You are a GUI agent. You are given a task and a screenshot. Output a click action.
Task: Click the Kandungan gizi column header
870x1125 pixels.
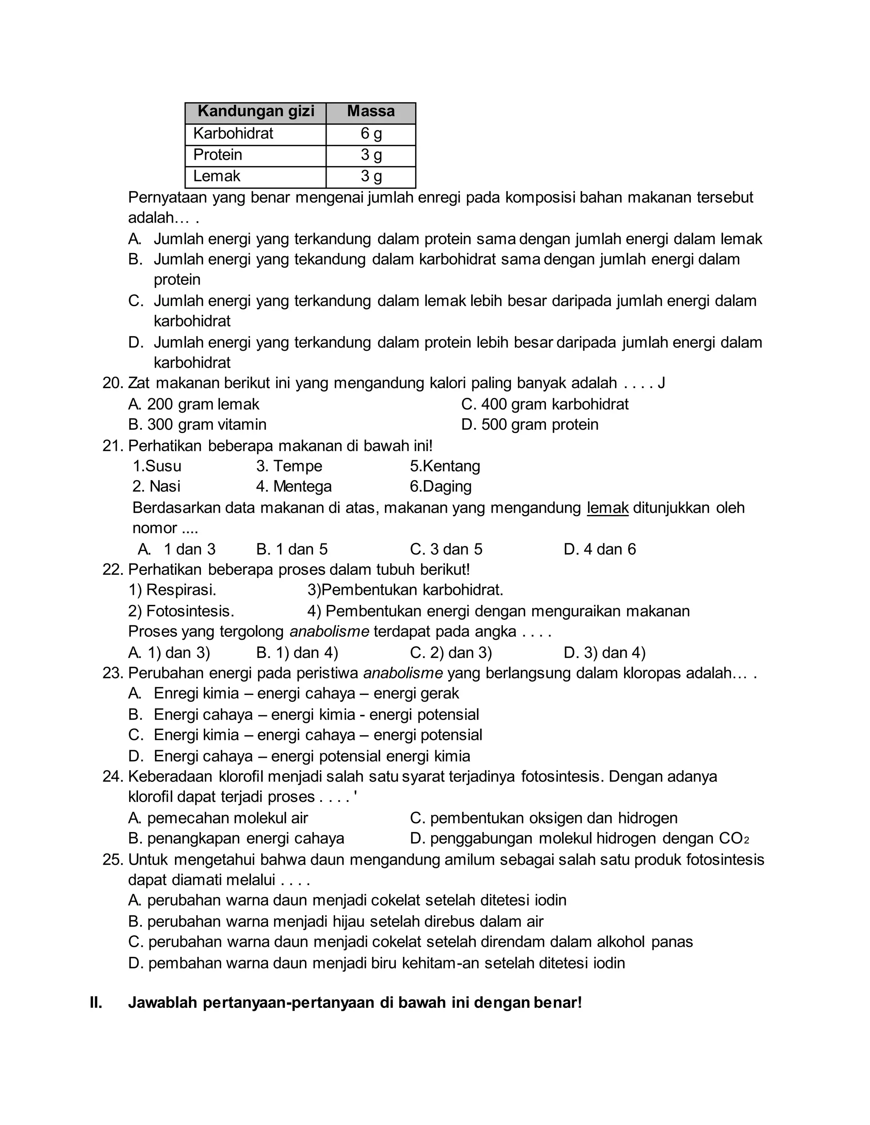(x=256, y=111)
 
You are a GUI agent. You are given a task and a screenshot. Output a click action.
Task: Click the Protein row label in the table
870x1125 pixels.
(x=217, y=155)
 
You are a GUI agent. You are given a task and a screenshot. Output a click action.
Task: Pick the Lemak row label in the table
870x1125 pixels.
(x=217, y=176)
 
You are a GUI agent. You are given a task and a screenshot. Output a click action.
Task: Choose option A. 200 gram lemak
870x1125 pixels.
(x=194, y=404)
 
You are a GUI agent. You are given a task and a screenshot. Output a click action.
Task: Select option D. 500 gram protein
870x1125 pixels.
(x=530, y=425)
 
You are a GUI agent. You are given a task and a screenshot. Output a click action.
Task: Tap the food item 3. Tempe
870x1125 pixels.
(x=289, y=466)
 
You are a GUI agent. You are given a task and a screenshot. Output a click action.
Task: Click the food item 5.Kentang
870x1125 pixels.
(x=445, y=466)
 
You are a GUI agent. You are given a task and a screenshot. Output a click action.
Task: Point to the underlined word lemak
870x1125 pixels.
(x=607, y=508)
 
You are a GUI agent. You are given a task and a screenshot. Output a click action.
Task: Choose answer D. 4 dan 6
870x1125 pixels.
(x=599, y=550)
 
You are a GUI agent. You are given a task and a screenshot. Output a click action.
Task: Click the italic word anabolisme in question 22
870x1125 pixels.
(x=329, y=632)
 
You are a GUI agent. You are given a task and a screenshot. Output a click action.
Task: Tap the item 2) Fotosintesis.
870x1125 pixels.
(x=181, y=611)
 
